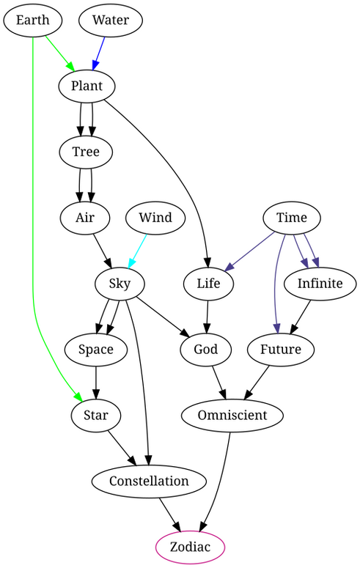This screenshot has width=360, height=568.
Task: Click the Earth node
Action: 33,21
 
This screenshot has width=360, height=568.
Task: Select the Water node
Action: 111,21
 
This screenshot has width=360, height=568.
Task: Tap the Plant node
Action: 87,86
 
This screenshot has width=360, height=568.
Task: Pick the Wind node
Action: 155,218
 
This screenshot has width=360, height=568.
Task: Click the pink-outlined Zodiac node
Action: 191,547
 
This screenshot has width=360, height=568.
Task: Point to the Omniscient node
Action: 232,416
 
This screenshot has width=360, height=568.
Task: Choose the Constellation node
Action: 149,482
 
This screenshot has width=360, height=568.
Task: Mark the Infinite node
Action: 320,284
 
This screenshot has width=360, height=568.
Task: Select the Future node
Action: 281,350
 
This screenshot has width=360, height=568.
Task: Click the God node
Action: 205,350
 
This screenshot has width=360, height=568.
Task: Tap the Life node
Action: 208,284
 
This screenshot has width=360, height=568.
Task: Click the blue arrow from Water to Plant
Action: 99,54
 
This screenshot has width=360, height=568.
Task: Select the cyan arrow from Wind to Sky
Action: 137,251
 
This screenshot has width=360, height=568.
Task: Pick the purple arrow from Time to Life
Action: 249,251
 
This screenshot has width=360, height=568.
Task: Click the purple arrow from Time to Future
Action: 276,283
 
